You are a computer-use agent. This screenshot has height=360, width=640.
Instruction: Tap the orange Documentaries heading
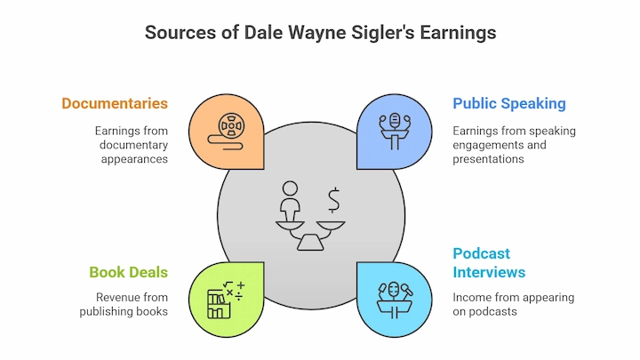[115, 104]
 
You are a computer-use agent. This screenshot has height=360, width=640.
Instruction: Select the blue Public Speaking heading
[509, 104]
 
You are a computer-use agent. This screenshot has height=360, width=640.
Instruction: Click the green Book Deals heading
[129, 272]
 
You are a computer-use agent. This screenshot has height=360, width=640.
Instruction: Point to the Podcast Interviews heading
[489, 263]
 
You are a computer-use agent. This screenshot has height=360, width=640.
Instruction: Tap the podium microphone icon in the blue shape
[395, 132]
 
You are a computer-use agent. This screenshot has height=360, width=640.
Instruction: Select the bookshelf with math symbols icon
[226, 300]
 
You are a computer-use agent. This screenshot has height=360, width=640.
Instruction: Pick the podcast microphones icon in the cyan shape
[395, 300]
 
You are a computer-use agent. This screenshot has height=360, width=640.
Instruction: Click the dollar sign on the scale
[334, 200]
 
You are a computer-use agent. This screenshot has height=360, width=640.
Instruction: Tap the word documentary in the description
[134, 145]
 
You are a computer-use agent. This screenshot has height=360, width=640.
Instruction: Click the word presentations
[488, 159]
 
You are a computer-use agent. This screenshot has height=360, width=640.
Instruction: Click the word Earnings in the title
[458, 33]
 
